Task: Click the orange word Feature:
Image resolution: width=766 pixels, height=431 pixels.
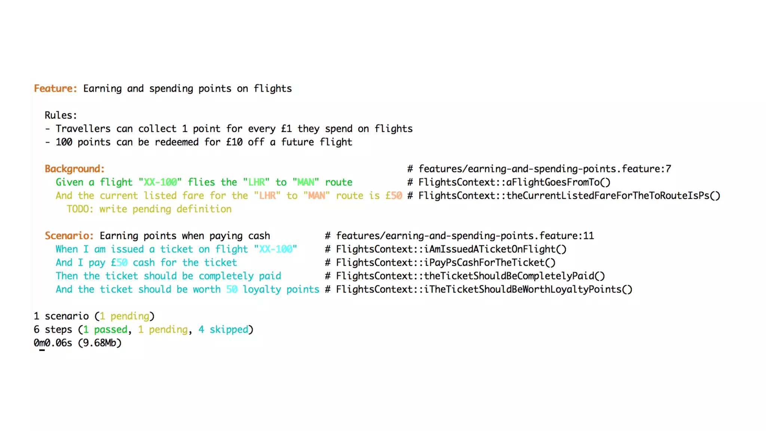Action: (55, 89)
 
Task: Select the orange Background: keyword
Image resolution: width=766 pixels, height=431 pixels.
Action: (74, 169)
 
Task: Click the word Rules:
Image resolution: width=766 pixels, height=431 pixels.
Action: (61, 115)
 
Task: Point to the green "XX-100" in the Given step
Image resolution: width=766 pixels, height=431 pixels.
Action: (160, 182)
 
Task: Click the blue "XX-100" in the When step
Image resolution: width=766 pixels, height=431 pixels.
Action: (276, 249)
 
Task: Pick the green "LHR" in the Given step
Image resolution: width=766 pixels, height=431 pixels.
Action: (257, 182)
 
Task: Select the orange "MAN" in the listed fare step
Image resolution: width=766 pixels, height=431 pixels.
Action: (316, 196)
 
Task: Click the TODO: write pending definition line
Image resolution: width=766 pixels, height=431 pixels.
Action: (149, 209)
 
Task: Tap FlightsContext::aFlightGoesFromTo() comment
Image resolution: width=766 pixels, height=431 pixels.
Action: (514, 182)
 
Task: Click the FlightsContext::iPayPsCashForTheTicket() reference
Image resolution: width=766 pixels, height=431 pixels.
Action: (445, 263)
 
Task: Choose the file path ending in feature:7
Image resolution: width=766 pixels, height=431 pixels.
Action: (545, 169)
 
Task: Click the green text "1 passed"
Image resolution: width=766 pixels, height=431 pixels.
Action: (105, 330)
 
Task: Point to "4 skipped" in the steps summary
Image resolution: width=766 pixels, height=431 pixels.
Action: (223, 330)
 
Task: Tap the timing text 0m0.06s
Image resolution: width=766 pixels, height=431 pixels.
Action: (53, 343)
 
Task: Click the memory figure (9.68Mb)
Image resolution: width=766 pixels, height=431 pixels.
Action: (100, 343)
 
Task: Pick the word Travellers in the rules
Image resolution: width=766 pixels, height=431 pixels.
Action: (83, 129)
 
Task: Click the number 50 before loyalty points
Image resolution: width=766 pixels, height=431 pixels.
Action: (232, 290)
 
